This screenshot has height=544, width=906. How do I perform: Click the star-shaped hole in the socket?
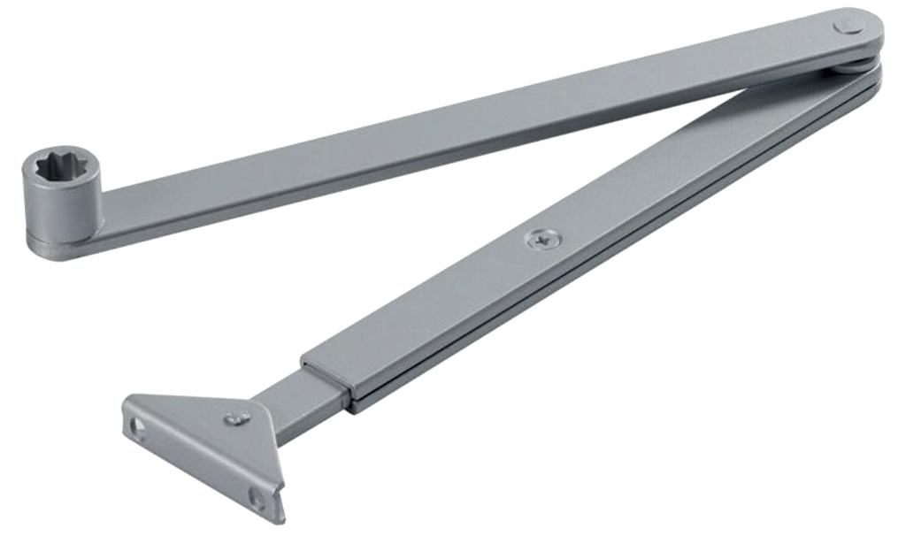(x=60, y=165)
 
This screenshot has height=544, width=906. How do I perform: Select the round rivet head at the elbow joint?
(x=847, y=27)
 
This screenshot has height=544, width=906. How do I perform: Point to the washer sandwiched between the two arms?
(x=851, y=65)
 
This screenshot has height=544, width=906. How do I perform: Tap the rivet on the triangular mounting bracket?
(x=236, y=418)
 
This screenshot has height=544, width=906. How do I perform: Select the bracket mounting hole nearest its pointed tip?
(x=257, y=497)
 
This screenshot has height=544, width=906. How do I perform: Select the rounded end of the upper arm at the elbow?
(x=863, y=31)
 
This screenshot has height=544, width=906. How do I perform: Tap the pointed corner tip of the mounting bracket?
(x=280, y=517)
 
